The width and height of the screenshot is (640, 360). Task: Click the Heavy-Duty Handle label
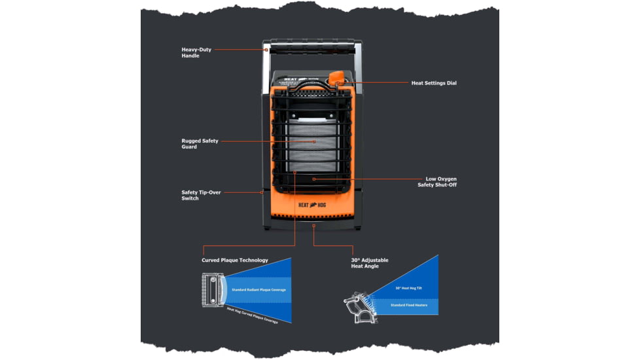click(190, 52)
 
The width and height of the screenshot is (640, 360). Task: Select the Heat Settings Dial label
click(433, 83)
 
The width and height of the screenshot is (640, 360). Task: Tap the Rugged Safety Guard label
click(200, 143)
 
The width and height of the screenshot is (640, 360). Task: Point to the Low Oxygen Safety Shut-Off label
click(437, 181)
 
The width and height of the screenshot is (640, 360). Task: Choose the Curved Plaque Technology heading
click(234, 260)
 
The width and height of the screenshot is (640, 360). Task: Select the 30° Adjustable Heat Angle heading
click(370, 263)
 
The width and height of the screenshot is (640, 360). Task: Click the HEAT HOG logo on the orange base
click(313, 204)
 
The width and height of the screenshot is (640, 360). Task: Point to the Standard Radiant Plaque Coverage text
click(258, 289)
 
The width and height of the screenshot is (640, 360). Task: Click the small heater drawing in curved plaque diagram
click(212, 289)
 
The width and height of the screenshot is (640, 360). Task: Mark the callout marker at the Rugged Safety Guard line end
click(314, 141)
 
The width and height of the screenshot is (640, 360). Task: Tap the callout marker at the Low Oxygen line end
click(314, 179)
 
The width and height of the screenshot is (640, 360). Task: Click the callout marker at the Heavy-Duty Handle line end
click(266, 49)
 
